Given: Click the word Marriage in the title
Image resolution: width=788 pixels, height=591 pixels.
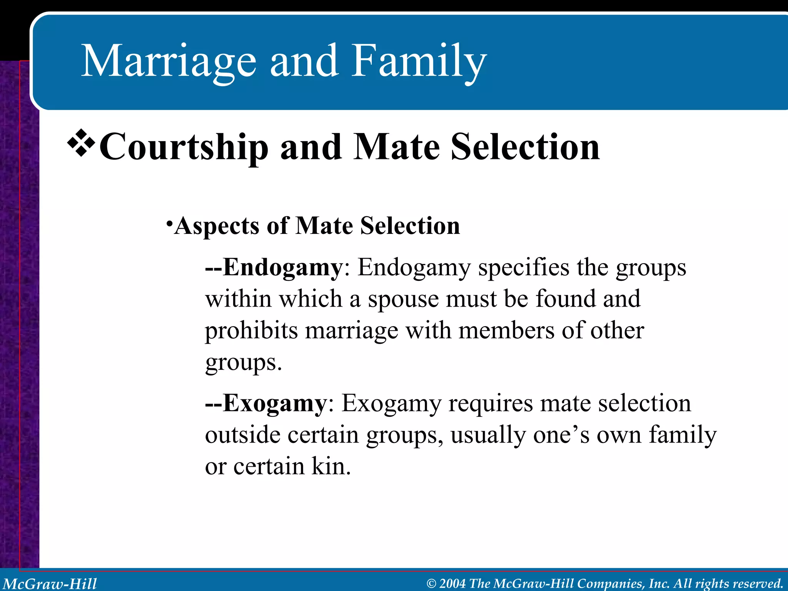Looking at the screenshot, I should (x=169, y=62).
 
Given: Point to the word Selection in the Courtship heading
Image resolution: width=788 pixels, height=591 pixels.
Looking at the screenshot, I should (x=525, y=147).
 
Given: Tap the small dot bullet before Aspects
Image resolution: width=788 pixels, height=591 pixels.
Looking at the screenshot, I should (x=169, y=223).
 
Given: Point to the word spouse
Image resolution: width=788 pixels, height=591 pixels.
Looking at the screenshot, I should (x=403, y=299).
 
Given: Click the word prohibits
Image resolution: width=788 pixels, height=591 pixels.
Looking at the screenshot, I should (x=251, y=331).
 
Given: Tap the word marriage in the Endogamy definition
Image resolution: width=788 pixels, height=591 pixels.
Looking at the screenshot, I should (x=351, y=331).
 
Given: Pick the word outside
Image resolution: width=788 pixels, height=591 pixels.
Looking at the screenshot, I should (x=242, y=435).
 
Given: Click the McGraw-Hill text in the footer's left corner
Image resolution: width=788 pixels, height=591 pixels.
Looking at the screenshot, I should (x=50, y=583).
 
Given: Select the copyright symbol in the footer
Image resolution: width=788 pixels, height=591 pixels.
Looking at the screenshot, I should (x=431, y=584).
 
